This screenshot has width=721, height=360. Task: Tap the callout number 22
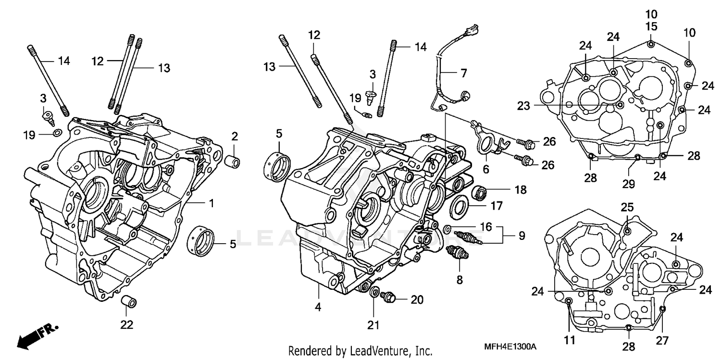(x=126, y=324)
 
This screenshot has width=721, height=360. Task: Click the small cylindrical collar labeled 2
(x=234, y=161)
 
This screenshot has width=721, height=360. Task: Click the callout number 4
(x=318, y=306)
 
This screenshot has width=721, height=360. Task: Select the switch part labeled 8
(x=454, y=253)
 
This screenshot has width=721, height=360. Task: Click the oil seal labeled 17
(x=459, y=206)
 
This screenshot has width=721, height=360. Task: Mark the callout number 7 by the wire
(x=463, y=74)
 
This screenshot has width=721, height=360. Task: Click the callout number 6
(x=485, y=169)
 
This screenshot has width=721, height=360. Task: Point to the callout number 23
(x=524, y=105)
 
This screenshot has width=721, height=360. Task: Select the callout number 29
(x=629, y=184)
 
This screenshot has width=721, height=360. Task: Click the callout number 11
(x=569, y=340)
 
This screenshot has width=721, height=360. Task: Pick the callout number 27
(x=663, y=340)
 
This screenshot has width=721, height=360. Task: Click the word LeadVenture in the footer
(x=377, y=350)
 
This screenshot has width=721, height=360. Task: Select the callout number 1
(x=211, y=203)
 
